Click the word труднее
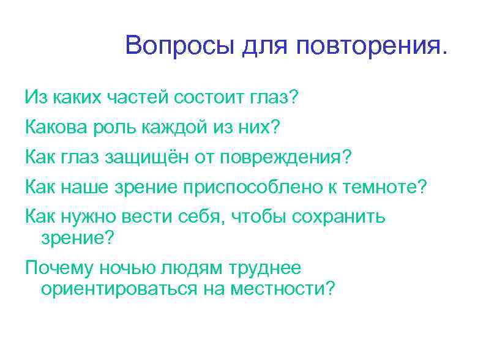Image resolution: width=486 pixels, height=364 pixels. click(x=266, y=268)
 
